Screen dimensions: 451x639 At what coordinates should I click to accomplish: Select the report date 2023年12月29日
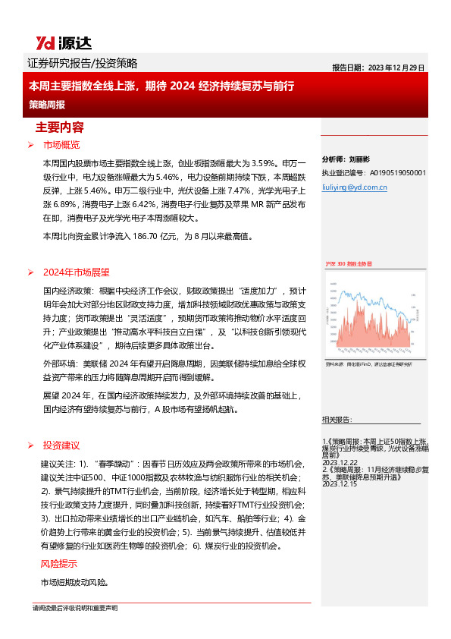396,67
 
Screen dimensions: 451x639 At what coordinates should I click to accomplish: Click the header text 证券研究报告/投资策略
82,64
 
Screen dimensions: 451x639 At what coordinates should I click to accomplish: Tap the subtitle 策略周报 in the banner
47,104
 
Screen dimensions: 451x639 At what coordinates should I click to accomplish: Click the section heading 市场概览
61,145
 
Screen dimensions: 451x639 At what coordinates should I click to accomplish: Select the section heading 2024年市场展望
76,272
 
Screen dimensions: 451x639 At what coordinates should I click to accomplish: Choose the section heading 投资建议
61,445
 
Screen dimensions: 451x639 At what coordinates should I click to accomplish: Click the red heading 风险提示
58,564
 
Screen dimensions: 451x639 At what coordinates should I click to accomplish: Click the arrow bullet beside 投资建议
30,445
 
